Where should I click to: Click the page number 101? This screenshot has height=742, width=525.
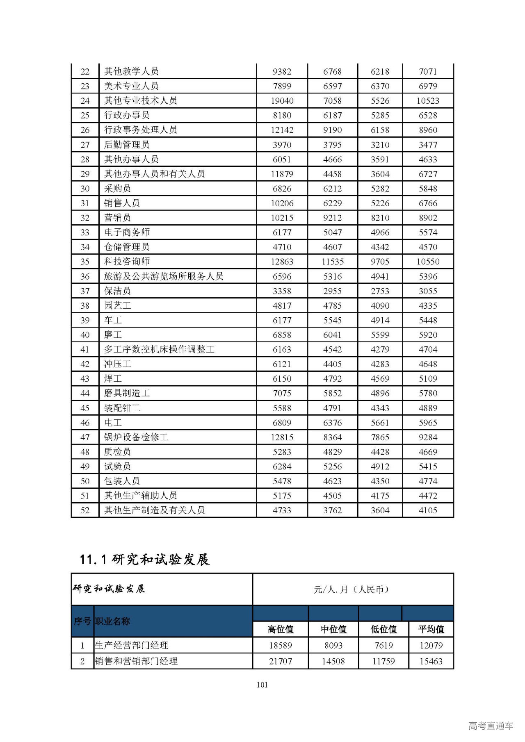coord(262,685)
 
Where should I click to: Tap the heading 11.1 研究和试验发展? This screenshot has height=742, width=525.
coord(145,559)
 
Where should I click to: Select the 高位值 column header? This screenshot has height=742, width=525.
coord(281,629)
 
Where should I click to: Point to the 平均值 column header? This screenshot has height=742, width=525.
coord(431,629)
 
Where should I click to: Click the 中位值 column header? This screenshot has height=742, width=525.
coord(333,629)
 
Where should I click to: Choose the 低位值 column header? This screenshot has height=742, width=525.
coord(383,629)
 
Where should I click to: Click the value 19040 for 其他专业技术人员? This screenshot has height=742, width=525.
coord(282,101)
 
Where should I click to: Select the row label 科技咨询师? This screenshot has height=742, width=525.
coord(127,262)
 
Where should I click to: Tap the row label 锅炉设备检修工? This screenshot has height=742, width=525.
coord(136,437)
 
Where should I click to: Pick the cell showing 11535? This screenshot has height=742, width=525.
coord(333,262)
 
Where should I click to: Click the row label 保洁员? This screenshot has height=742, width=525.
coord(118,291)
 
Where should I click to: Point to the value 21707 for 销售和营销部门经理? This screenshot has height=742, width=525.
coord(281,661)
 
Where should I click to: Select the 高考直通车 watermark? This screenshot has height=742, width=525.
coord(491,726)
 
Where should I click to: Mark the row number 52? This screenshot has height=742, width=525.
coord(85,510)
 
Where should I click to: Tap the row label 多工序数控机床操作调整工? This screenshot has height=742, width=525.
coord(159,349)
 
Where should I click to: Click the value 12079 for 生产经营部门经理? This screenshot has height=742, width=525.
coord(431,646)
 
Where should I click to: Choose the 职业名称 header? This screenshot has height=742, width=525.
coord(112,621)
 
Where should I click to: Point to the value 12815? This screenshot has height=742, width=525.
coord(282,437)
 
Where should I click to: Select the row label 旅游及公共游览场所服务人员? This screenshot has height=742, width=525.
coord(164,276)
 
